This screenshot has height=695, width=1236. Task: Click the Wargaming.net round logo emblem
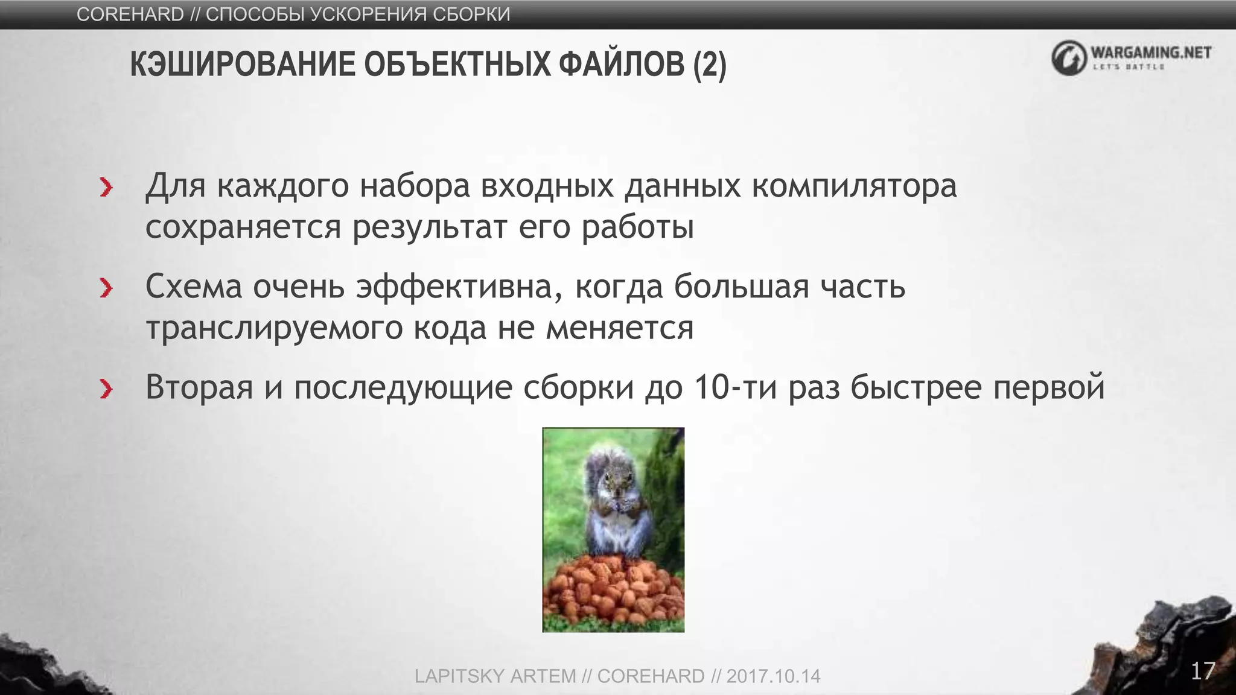(1069, 58)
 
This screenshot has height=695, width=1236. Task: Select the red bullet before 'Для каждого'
(106, 188)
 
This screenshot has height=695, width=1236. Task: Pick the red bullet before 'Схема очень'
(106, 288)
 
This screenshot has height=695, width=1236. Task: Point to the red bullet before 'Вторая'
(106, 389)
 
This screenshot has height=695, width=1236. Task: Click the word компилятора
(854, 186)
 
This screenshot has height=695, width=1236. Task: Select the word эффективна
(454, 287)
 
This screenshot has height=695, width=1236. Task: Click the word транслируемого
(274, 329)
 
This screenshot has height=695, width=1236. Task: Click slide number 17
(1202, 671)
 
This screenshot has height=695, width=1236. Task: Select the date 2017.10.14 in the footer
(773, 676)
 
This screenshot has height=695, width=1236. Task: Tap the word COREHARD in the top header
(130, 14)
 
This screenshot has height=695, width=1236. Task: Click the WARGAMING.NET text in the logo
(1151, 52)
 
